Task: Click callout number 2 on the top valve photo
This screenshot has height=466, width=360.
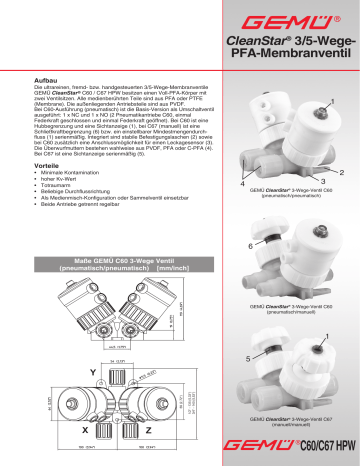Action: coord(342,172)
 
